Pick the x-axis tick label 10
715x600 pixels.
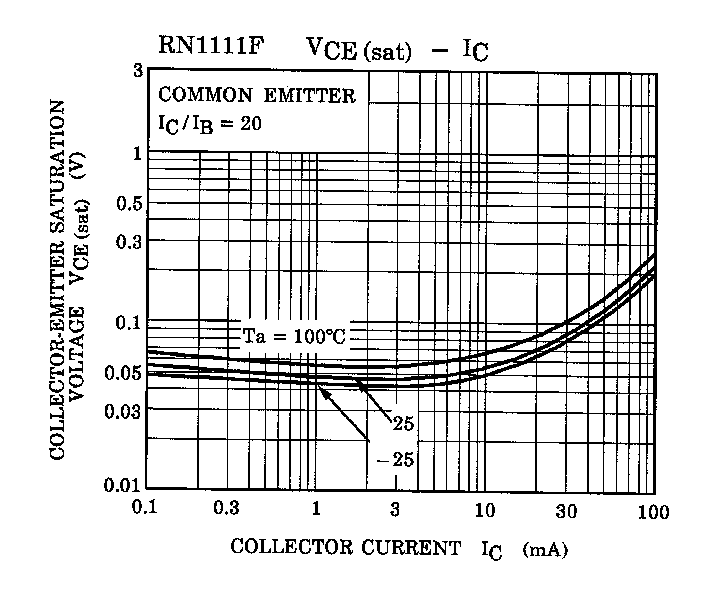pyautogui.click(x=485, y=511)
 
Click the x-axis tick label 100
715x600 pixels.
pyautogui.click(x=653, y=513)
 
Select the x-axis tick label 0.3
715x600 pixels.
pyautogui.click(x=226, y=508)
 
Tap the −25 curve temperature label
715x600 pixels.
pyautogui.click(x=395, y=460)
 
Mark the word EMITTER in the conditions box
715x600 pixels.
pyautogui.click(x=310, y=96)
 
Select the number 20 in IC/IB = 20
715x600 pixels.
pyautogui.click(x=251, y=124)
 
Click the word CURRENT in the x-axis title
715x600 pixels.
pyautogui.click(x=411, y=548)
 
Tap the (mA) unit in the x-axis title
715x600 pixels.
pyautogui.click(x=545, y=549)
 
